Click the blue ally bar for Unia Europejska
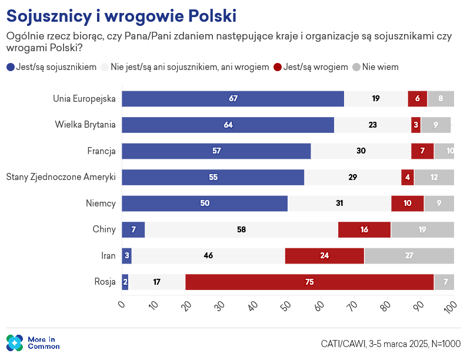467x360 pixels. [x=233, y=99]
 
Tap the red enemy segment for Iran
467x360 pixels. [x=324, y=256]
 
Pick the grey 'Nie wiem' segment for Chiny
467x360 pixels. [x=422, y=229]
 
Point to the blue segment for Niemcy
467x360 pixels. [x=205, y=204]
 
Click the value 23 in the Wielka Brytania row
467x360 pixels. [x=372, y=125]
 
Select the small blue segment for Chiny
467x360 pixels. [x=133, y=229]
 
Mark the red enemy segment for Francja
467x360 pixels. [x=422, y=151]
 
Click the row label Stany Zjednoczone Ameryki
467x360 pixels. [x=61, y=177]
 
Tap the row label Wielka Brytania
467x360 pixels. [x=85, y=125]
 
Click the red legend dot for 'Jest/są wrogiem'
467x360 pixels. [x=278, y=67]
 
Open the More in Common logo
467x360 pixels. [x=33, y=342]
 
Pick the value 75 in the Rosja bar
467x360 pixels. [x=309, y=282]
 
